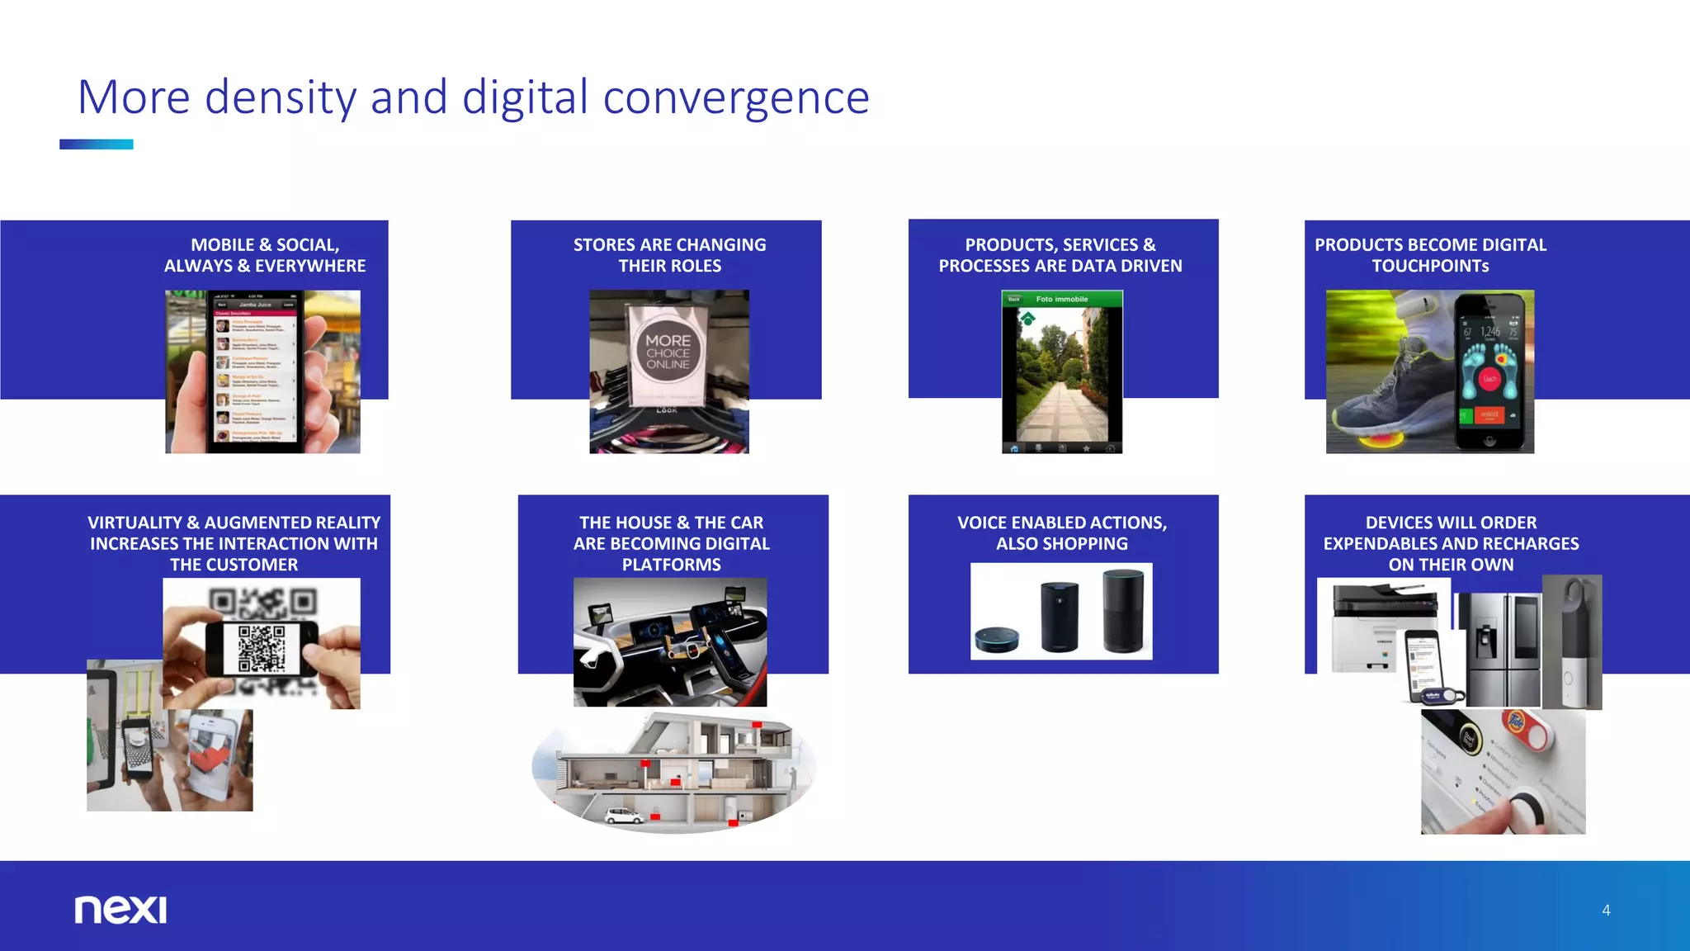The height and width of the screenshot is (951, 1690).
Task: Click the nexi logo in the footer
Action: pos(120,909)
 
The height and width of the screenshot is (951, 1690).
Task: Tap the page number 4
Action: pos(1606,910)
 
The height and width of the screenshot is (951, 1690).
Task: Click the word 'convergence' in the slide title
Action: pos(736,97)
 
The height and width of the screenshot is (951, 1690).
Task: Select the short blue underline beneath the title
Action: pos(96,144)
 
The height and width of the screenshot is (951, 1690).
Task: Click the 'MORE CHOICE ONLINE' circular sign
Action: pos(668,352)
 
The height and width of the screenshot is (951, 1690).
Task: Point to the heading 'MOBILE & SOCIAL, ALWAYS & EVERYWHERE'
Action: pos(265,255)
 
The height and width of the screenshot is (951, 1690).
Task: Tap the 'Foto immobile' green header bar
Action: pos(1062,299)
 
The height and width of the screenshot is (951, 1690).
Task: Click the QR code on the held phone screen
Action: pos(262,648)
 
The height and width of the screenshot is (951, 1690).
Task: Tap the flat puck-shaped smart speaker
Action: pos(997,639)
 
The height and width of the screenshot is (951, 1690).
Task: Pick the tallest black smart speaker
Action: pos(1124,611)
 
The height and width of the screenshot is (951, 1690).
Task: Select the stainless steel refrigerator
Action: pos(1498,649)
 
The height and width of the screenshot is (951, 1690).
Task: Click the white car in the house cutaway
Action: pos(625,816)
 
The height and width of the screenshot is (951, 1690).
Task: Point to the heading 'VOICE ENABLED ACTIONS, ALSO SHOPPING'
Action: pos(1062,533)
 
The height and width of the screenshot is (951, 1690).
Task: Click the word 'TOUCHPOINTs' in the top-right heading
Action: pos(1430,266)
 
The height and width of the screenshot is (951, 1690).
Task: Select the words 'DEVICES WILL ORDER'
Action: pos(1451,523)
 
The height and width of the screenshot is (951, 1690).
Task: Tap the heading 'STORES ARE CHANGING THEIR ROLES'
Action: pos(669,255)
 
